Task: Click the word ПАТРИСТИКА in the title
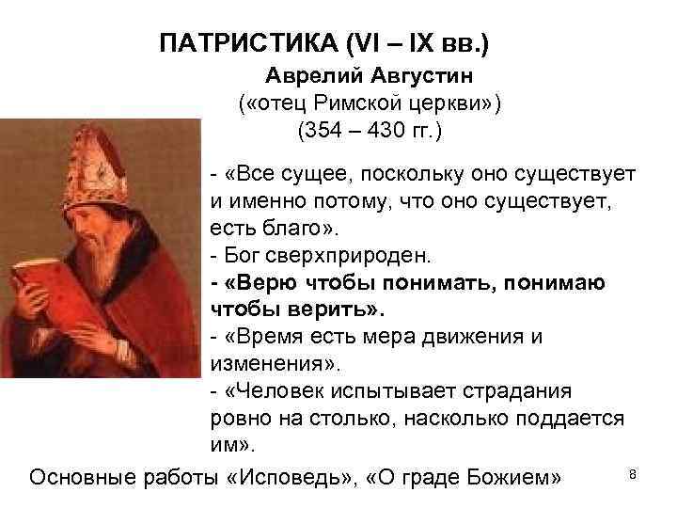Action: click(237, 44)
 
